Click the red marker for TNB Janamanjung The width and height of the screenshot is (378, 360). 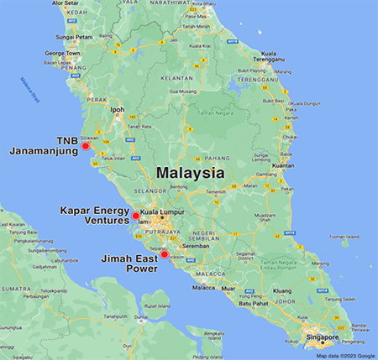[85, 146]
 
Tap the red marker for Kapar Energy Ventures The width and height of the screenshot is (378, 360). [135, 216]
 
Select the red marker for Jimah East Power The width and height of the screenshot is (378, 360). [165, 253]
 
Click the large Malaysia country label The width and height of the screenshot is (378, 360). [189, 174]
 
